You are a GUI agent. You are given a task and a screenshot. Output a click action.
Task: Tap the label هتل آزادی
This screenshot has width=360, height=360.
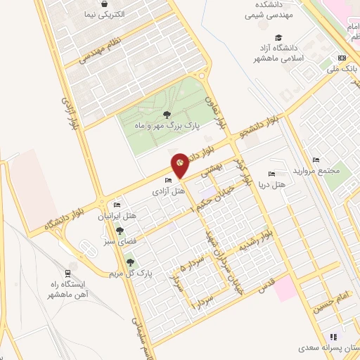point(172,191)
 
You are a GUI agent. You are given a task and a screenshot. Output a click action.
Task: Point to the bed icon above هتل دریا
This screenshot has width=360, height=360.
point(271,174)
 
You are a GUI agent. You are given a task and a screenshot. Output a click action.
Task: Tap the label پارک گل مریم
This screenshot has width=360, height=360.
point(129,272)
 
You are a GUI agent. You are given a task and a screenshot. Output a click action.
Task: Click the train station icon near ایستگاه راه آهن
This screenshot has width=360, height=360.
point(67,273)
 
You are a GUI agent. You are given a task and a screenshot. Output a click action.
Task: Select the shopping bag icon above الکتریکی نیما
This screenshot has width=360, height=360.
point(104,4)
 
